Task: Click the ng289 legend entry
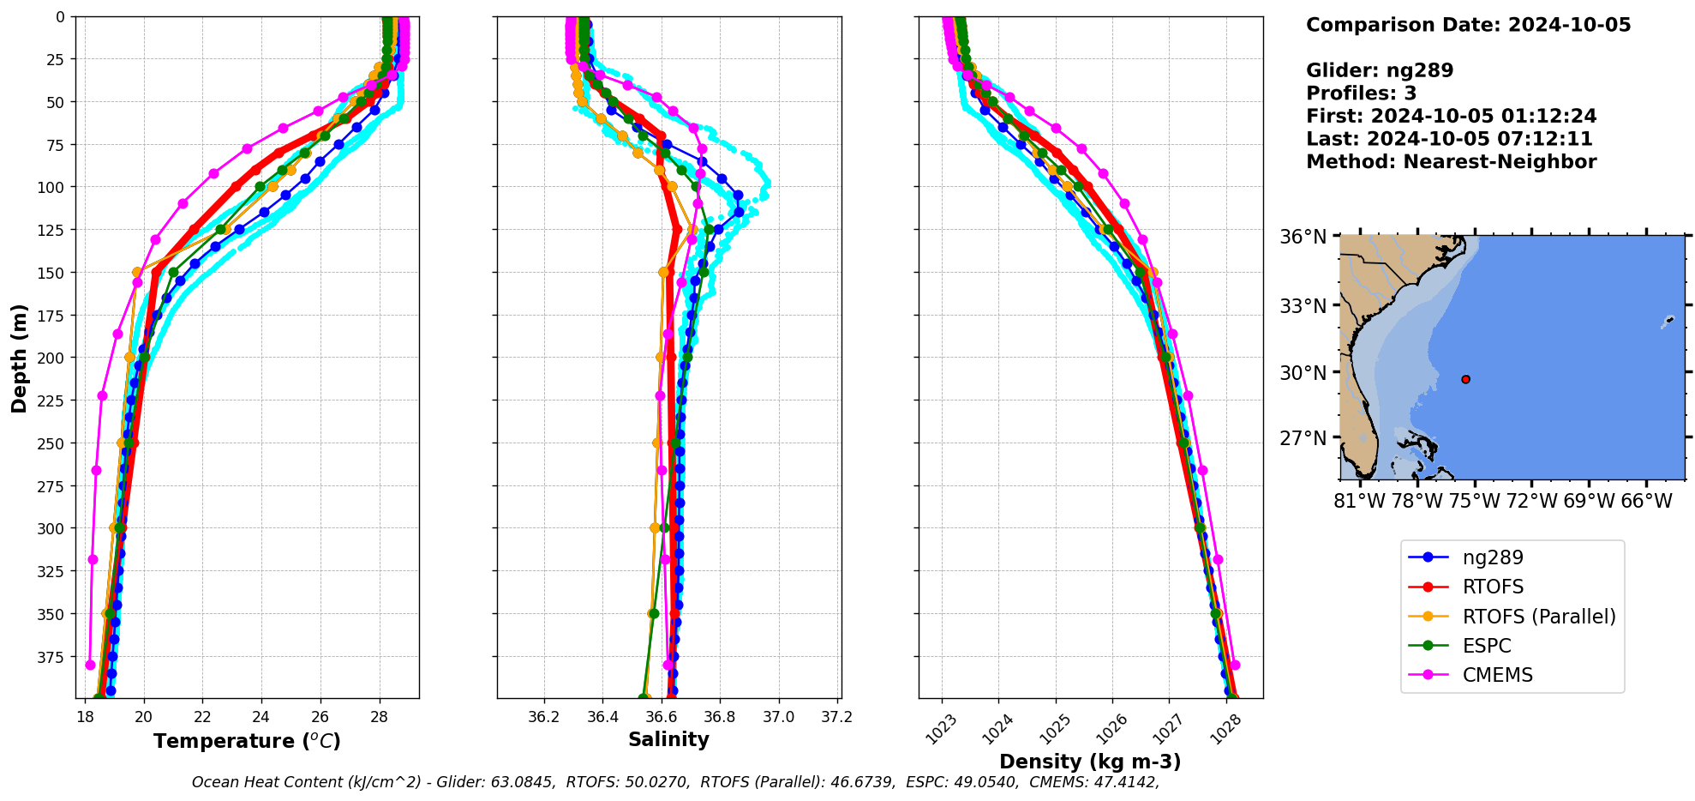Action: coord(1492,557)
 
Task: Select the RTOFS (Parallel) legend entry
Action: coord(1538,617)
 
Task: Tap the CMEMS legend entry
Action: coord(1497,675)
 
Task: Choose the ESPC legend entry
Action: coord(1486,646)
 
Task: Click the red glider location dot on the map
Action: coord(1465,379)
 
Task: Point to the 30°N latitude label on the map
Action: coord(1303,373)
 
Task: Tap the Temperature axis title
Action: coord(247,741)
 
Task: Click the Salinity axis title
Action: coord(668,740)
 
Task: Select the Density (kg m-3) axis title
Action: coord(1090,762)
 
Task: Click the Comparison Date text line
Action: coord(1468,25)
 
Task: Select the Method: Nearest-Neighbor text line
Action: coord(1451,162)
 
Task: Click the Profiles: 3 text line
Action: coord(1361,93)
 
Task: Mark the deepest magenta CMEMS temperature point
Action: coord(90,665)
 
